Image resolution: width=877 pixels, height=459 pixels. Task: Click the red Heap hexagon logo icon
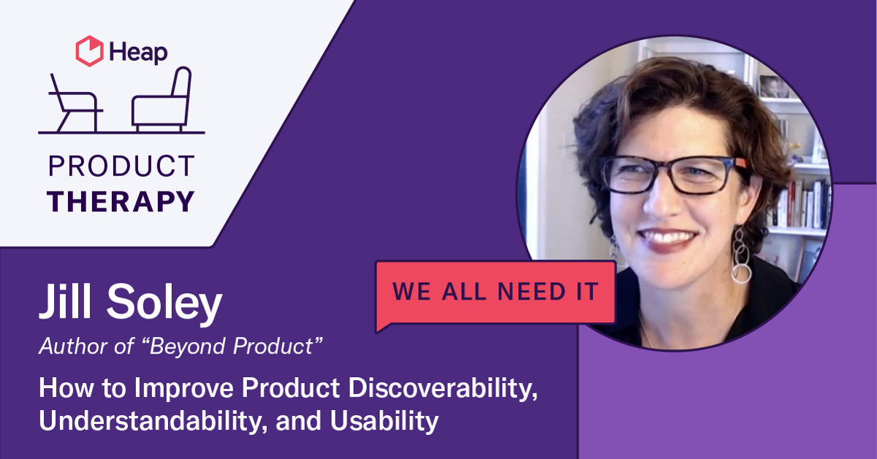click(89, 51)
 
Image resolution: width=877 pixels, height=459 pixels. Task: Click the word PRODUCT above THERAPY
click(121, 167)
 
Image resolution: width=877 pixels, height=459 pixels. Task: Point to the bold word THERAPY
click(121, 200)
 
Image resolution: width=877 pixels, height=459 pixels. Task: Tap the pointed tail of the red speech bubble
click(381, 325)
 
